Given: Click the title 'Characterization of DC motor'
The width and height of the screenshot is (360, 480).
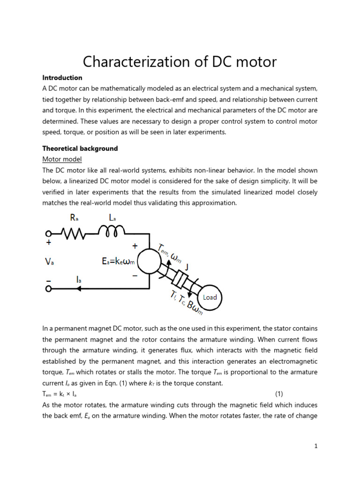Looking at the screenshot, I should (180, 61).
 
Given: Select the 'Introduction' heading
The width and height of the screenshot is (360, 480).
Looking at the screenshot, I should (62, 78).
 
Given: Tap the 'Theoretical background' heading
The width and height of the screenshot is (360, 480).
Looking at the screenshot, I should (80, 149).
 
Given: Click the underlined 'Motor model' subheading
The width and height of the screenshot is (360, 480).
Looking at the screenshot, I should (62, 159).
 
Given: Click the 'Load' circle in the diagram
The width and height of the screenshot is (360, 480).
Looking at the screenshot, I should (210, 297).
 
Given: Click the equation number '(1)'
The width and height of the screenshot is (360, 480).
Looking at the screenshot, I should (279, 394).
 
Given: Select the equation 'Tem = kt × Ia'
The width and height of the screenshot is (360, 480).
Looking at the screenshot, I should (60, 394).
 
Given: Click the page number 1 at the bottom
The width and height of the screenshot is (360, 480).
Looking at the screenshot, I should (316, 446).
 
